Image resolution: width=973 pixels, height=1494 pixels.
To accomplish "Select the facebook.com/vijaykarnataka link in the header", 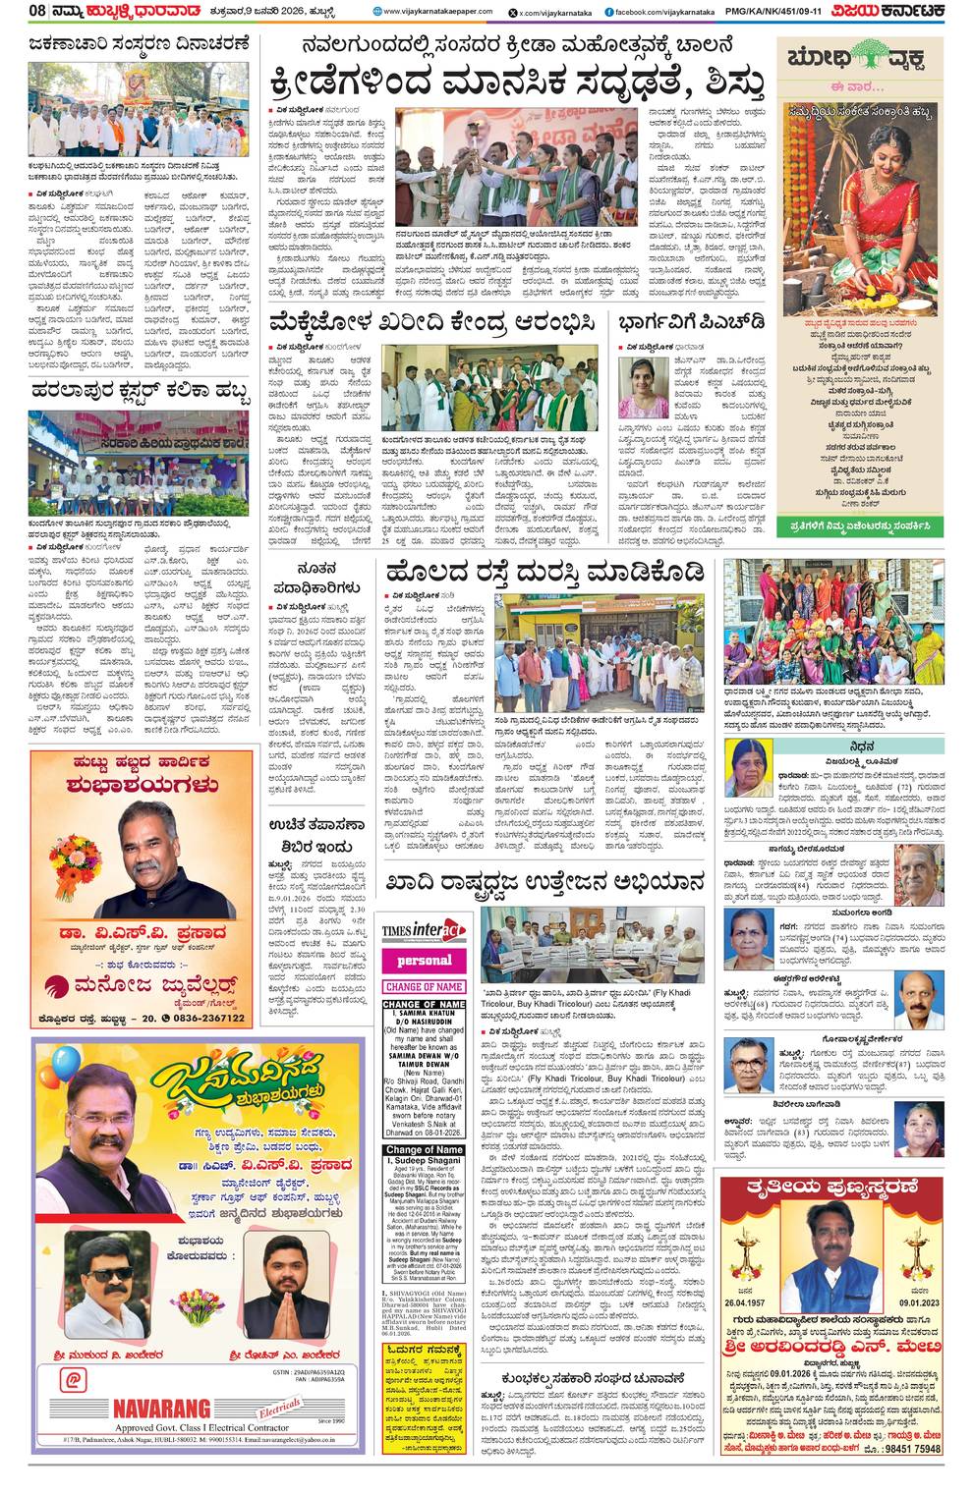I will pyautogui.click(x=654, y=11).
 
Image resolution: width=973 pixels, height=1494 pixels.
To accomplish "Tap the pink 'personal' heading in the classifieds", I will pyautogui.click(x=424, y=960).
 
